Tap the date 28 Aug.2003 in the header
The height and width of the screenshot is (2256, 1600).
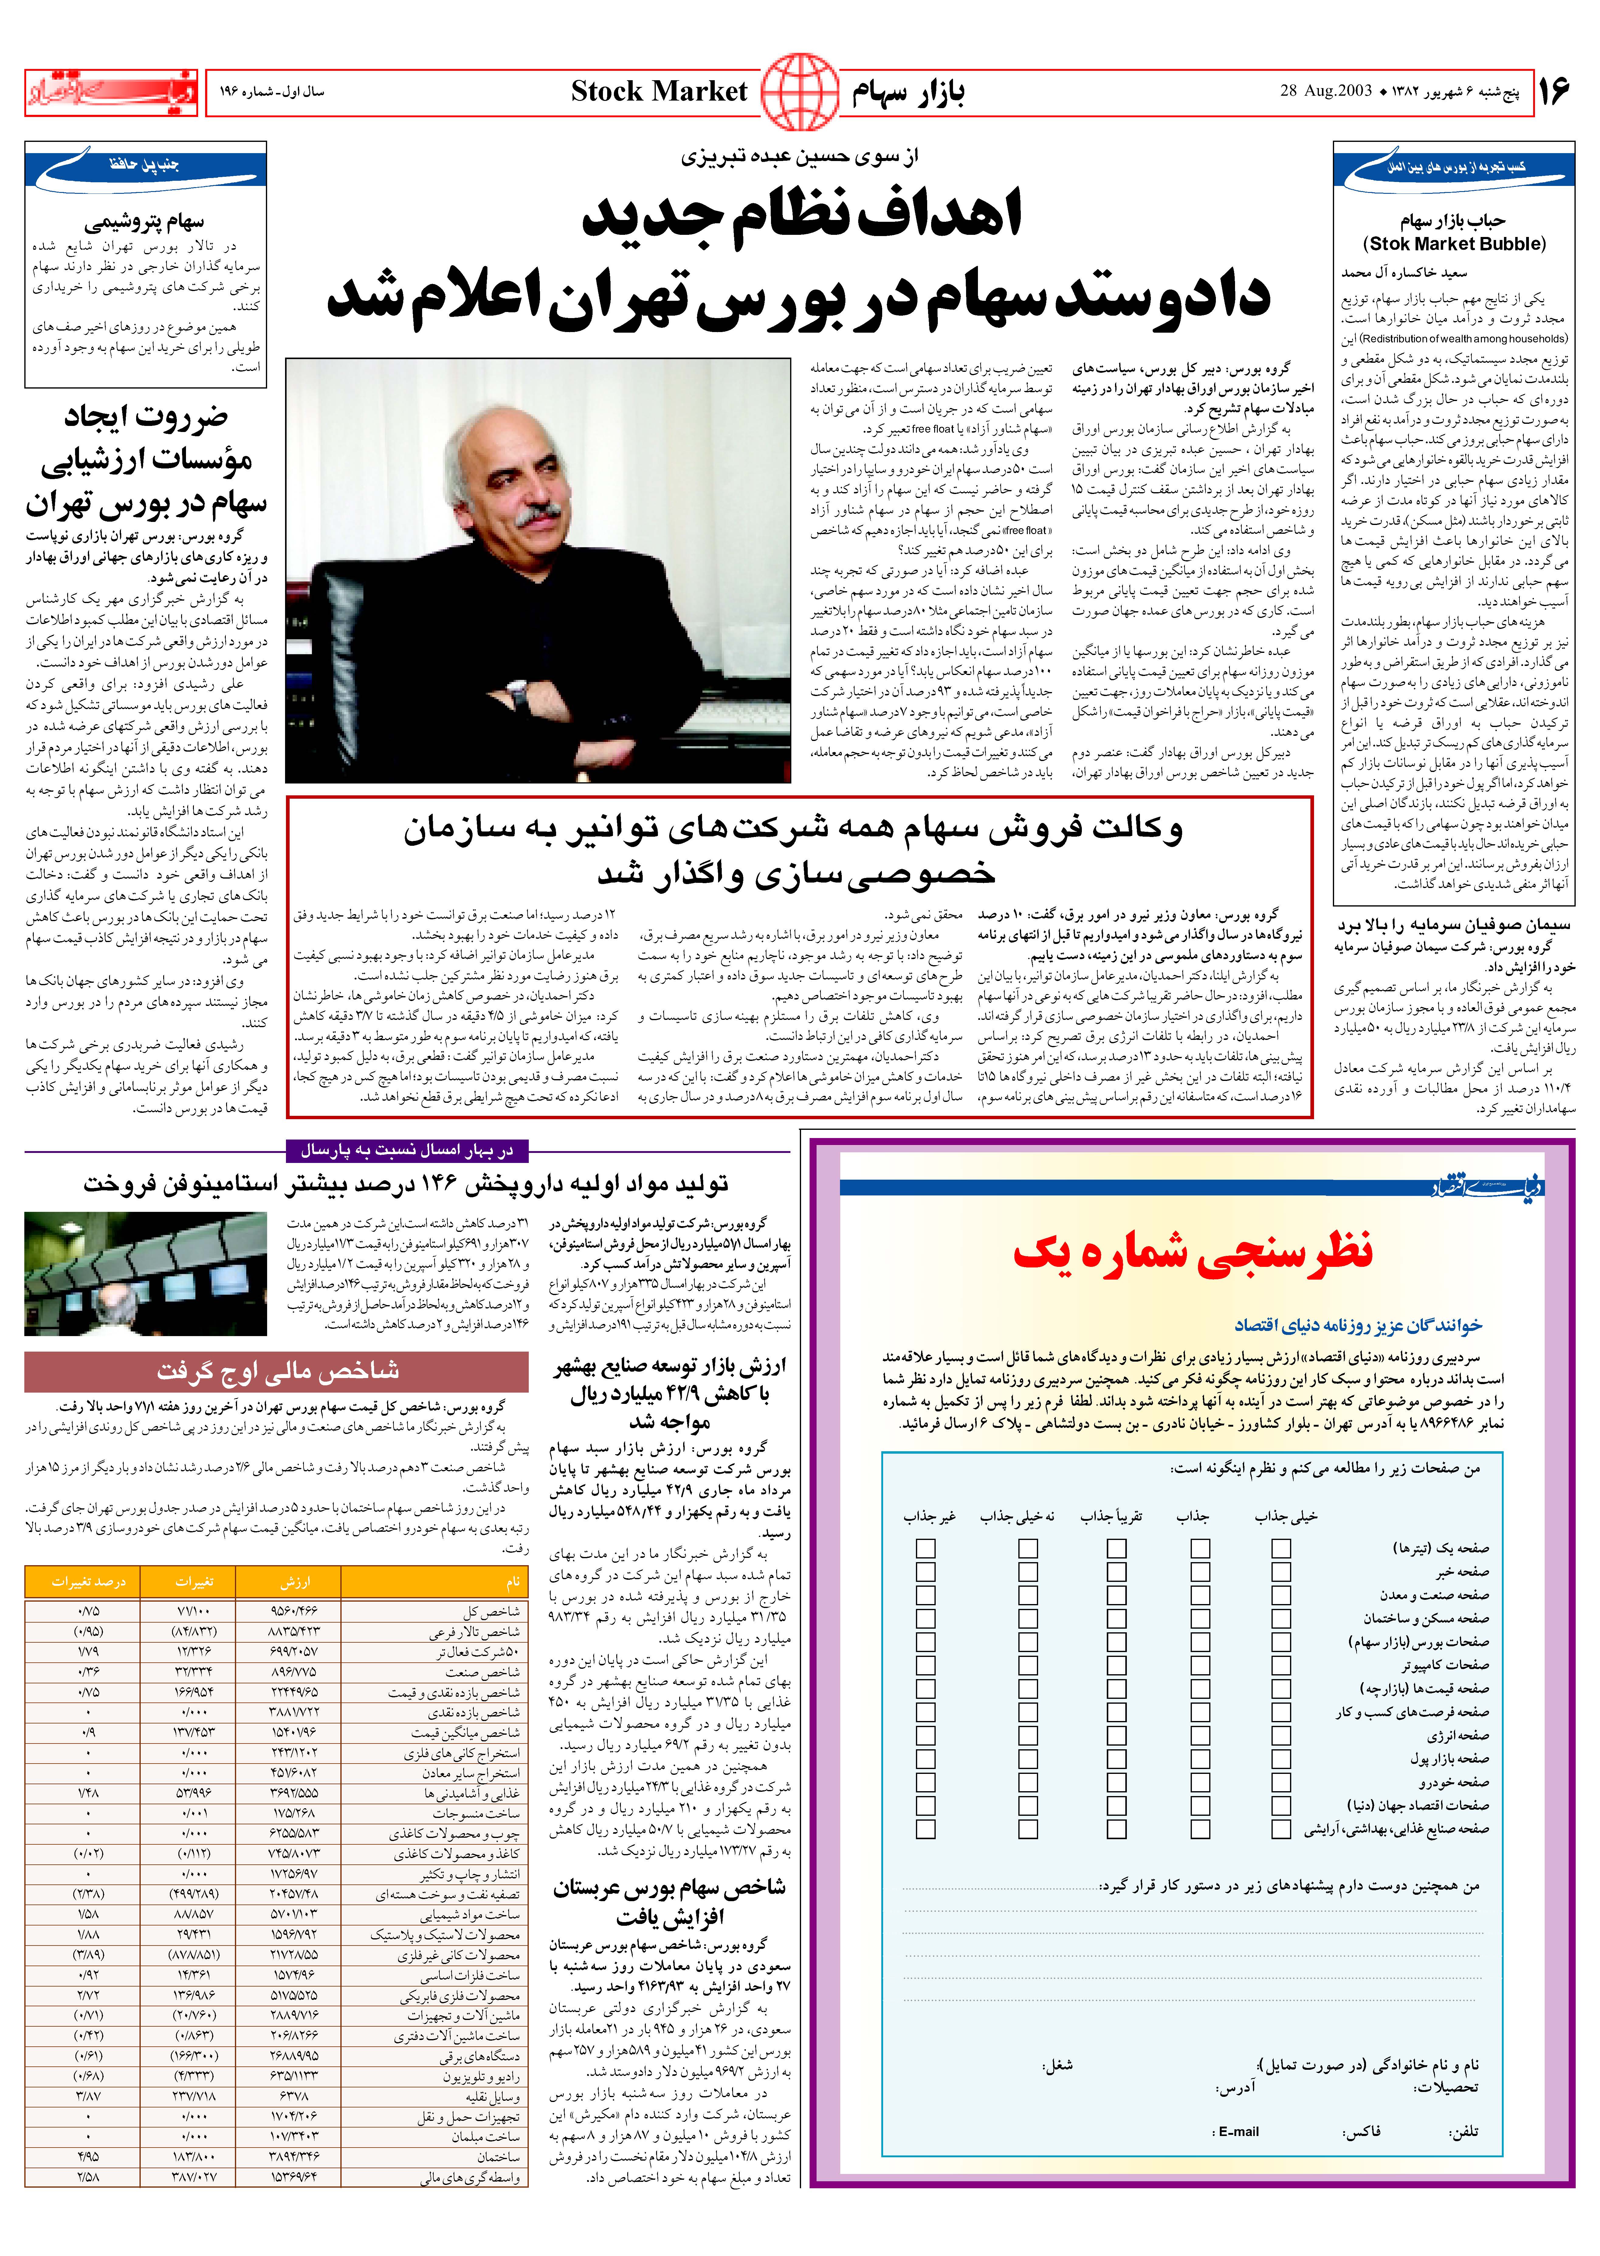(x=1326, y=91)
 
